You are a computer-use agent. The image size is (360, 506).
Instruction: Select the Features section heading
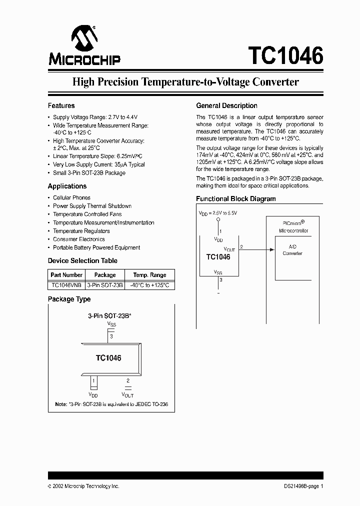(x=61, y=105)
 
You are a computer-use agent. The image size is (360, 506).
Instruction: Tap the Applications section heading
(x=67, y=186)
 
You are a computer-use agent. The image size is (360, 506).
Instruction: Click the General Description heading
(x=226, y=105)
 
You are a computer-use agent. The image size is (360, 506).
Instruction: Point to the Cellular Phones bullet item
(x=71, y=197)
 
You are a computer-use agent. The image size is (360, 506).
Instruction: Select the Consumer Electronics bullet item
(x=79, y=239)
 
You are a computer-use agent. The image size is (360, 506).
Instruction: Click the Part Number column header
(x=66, y=274)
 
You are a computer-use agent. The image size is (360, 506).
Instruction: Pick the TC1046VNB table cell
(x=66, y=284)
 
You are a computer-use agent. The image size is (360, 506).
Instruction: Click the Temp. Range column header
(x=149, y=274)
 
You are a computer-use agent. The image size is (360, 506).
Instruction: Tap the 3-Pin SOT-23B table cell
(x=104, y=284)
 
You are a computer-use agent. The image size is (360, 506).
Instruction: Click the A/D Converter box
(x=292, y=250)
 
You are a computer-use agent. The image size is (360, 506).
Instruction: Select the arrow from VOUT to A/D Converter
(x=258, y=249)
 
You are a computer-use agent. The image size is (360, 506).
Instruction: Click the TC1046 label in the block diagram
(x=218, y=256)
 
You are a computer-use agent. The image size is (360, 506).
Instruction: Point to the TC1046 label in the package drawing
(x=108, y=358)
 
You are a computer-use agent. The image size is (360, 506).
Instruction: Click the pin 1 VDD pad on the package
(x=93, y=383)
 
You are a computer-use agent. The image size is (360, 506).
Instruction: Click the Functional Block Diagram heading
(x=235, y=198)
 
